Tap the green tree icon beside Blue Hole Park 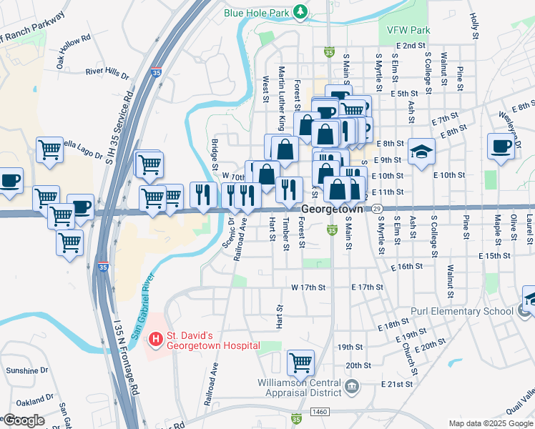302,11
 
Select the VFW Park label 408,31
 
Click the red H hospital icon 155,337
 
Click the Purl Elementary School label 461,311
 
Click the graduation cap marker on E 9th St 422,152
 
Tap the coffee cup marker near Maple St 501,147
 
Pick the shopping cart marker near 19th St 301,362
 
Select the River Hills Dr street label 107,72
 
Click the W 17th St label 308,287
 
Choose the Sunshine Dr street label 26,370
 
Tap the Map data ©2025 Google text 490,423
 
